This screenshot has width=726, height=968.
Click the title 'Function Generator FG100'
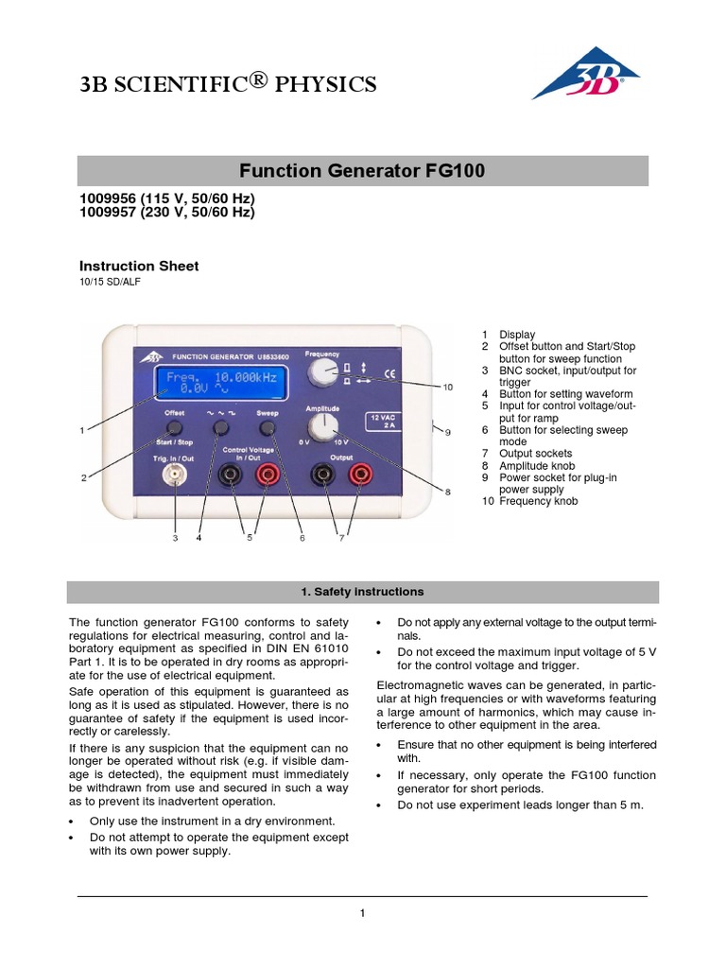362,171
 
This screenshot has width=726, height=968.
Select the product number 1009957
104,213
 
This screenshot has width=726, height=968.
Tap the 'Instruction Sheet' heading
138,267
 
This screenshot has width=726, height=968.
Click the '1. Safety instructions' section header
362,592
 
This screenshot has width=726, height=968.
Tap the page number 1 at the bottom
362,912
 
